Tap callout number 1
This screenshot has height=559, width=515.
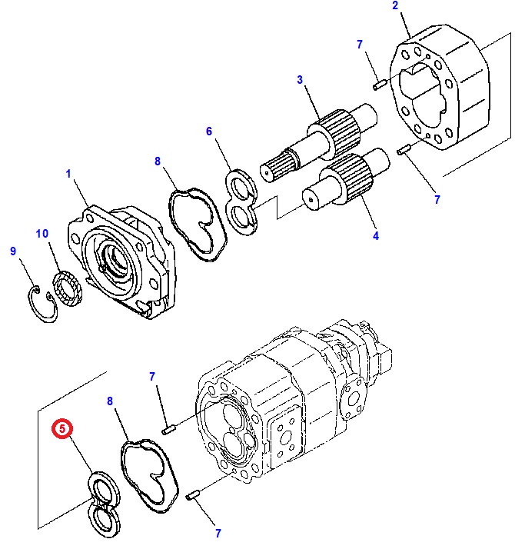68,175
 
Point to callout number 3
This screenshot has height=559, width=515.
300,80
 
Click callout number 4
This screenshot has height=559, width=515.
376,236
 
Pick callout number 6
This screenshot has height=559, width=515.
208,131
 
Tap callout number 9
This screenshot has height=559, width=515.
12,251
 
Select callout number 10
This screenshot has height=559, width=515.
42,233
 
